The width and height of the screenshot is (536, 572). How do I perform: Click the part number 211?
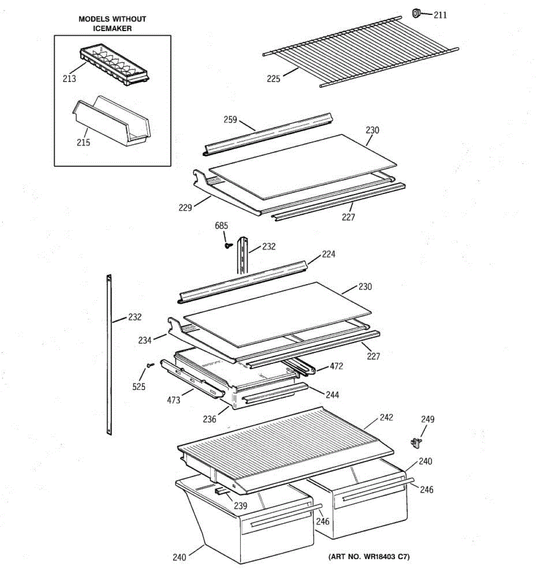tap(440, 15)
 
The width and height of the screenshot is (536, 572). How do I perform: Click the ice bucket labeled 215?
tap(111, 122)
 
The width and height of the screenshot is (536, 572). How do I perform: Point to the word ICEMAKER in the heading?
tap(112, 28)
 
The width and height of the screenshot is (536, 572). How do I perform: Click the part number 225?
tap(273, 79)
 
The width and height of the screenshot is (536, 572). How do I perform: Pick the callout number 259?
tap(230, 120)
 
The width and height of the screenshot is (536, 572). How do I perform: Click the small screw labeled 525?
tap(150, 365)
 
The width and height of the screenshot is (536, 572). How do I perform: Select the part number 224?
tap(328, 254)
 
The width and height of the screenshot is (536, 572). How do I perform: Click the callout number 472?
tap(336, 366)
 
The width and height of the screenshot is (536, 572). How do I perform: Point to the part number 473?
tap(173, 400)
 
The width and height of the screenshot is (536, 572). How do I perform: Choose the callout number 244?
tap(332, 395)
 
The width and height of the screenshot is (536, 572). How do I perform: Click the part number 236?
tap(210, 419)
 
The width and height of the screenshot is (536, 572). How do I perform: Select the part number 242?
tap(386, 417)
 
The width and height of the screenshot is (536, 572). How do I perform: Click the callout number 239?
tap(241, 506)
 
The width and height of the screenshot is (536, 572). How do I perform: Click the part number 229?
tap(185, 207)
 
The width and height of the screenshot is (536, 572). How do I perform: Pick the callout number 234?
tap(145, 340)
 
